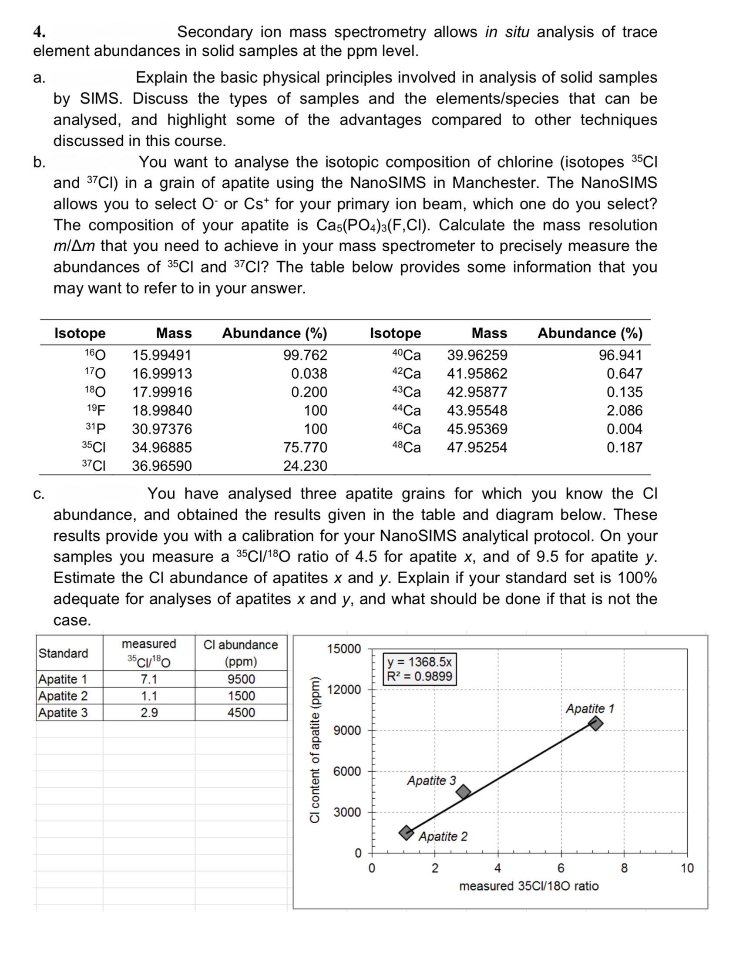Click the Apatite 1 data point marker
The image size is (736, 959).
click(x=595, y=723)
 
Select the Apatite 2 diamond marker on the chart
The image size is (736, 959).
click(x=407, y=832)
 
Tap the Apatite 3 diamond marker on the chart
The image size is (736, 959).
click(x=463, y=791)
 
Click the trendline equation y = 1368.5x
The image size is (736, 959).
click(x=420, y=661)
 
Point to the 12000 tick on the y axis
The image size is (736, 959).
click(x=347, y=690)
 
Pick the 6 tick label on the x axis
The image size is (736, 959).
click(x=560, y=868)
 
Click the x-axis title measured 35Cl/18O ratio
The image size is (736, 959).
click(x=528, y=886)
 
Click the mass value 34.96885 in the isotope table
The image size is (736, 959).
click(x=162, y=448)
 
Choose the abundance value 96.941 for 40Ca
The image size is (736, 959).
click(x=620, y=354)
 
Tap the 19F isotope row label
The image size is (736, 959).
click(x=96, y=410)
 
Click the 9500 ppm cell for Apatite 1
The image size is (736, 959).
click(x=241, y=679)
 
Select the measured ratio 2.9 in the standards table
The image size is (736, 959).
click(x=149, y=712)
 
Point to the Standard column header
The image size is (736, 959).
click(x=64, y=653)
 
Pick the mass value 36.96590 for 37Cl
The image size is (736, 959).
click(x=162, y=466)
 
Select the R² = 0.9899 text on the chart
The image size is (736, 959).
click(x=420, y=676)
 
